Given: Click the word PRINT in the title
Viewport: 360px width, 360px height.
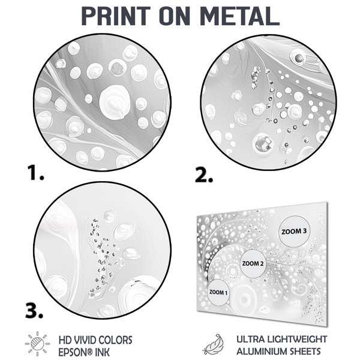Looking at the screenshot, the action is pos(116,16).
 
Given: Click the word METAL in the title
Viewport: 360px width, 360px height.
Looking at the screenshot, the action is pos(239,16).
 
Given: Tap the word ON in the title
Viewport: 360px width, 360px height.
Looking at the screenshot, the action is pos(175,16).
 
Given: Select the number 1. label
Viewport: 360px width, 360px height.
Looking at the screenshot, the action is pos(35,173).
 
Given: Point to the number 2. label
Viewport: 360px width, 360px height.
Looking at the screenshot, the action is pos(204,175).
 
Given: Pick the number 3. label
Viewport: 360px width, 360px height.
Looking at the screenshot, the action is pos(34,311).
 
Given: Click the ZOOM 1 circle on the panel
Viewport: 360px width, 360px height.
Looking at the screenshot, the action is pos(218,293).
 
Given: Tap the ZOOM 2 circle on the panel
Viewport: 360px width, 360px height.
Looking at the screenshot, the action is pos(253,263).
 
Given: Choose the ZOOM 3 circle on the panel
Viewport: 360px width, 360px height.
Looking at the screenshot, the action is pos(294,232).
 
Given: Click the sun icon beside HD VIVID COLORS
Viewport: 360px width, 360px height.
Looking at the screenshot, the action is pos(37,344).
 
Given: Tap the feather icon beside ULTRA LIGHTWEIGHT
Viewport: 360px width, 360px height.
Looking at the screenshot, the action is pos(213,344).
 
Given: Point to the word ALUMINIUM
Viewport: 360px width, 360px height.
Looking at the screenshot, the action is pos(261,352).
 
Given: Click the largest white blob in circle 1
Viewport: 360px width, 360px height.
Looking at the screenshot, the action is pos(115,102).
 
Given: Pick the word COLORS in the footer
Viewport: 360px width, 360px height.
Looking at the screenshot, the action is pos(116,340).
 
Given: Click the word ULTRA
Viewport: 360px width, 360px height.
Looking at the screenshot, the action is pos(249,339).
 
